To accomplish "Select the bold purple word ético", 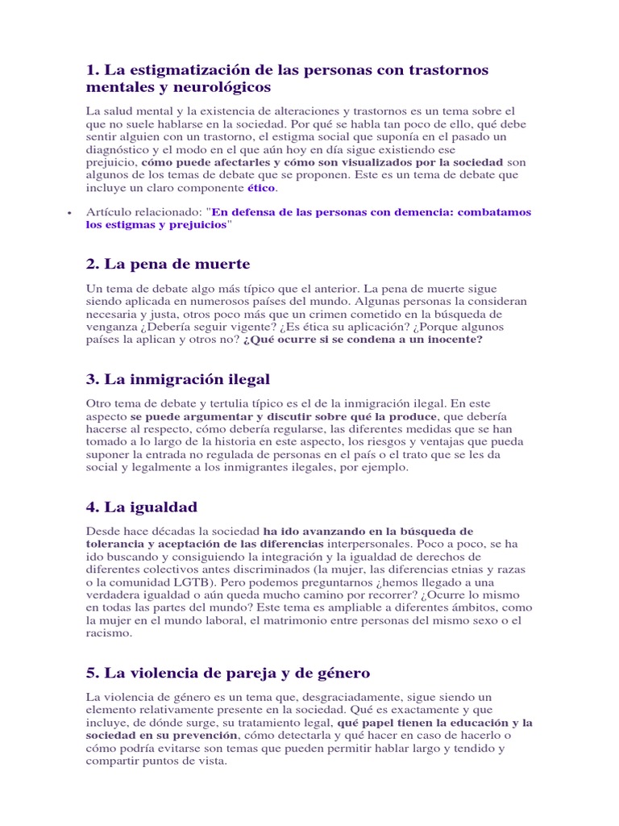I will click(x=261, y=188).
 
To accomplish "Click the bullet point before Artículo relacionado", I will click(x=70, y=212).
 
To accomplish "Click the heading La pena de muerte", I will click(x=168, y=265).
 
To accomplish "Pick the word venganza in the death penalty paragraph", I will click(x=112, y=327).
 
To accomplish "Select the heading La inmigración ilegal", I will click(x=177, y=379).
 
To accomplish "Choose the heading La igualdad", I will click(x=141, y=507).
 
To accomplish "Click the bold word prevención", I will click(x=206, y=735).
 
